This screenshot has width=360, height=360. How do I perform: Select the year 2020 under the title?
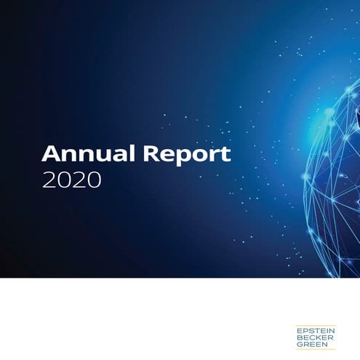[x=71, y=180]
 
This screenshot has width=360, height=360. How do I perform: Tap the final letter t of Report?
[x=225, y=154]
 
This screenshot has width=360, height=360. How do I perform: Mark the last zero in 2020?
[x=94, y=180]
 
